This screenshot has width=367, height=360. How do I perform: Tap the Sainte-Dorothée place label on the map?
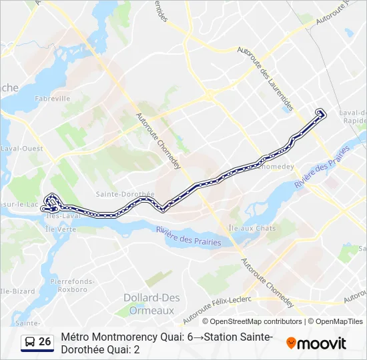pos(125,194)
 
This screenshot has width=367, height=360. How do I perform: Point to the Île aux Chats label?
pos(252,228)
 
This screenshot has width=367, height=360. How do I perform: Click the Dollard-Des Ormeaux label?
pos(149,303)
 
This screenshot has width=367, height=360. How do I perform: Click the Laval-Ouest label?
pos(22,148)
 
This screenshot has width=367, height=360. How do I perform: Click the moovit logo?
pos(316,343)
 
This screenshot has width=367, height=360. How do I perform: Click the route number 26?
pos(45,342)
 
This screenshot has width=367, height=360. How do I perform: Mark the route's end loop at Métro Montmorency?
pos(321,113)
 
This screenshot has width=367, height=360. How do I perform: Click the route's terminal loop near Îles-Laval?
pos(51,203)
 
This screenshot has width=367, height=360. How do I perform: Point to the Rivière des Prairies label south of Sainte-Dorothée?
pos(189,237)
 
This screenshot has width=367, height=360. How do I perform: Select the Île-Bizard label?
pos(15,291)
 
